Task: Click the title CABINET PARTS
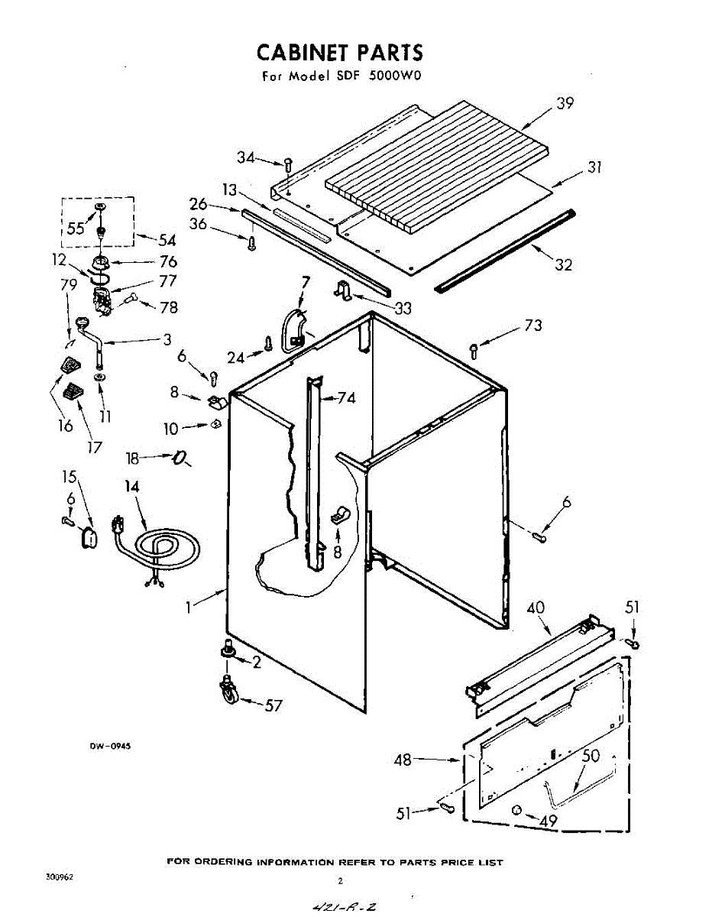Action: (339, 53)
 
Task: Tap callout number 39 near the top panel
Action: (565, 103)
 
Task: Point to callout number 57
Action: (273, 705)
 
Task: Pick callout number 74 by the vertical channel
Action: (347, 397)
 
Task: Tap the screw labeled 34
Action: (288, 163)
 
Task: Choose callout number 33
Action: (403, 308)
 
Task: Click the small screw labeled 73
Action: (474, 351)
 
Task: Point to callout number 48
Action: (403, 760)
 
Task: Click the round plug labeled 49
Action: (517, 809)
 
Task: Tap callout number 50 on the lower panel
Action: (591, 756)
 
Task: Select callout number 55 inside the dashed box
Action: (76, 228)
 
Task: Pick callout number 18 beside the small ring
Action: (133, 458)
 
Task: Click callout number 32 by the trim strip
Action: (563, 264)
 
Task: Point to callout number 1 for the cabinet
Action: (188, 608)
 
